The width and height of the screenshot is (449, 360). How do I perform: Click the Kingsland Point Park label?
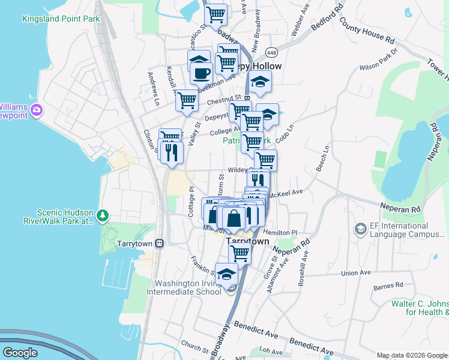[61, 19]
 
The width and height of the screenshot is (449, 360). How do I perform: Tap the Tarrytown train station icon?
[159, 243]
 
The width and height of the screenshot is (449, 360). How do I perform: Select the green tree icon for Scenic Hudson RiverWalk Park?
[103, 215]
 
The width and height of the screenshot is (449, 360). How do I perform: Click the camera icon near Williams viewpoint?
[36, 110]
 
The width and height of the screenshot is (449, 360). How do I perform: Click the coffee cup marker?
[202, 74]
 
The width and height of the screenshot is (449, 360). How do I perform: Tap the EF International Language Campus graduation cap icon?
[360, 229]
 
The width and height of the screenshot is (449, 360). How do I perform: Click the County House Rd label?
[367, 31]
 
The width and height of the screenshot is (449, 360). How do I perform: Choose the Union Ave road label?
[355, 272]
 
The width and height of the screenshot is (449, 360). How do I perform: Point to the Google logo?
[20, 353]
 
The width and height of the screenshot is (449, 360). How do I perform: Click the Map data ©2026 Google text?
[412, 355]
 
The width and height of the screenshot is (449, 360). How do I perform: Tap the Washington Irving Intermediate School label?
[188, 288]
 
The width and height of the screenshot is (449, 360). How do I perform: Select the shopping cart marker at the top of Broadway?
[215, 13]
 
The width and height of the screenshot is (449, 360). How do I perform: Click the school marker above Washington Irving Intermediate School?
[226, 275]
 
